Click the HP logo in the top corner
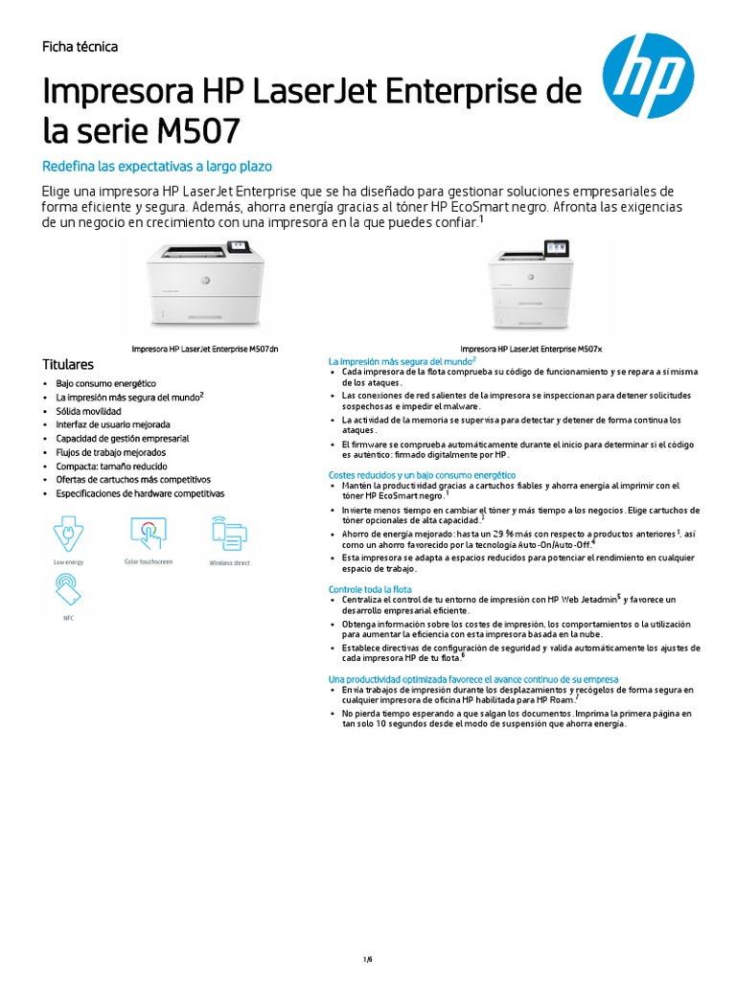click(x=648, y=76)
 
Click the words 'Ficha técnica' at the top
click(x=80, y=47)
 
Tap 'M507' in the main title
click(x=198, y=129)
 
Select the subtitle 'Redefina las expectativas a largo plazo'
click(x=157, y=167)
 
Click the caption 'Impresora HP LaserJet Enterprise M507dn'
click(x=212, y=350)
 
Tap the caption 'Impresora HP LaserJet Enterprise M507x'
click(x=531, y=350)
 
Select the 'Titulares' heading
click(x=68, y=365)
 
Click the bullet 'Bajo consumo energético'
click(x=105, y=383)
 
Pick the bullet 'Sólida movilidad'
click(x=88, y=411)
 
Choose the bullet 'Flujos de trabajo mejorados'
click(x=110, y=452)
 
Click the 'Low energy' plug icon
click(x=68, y=533)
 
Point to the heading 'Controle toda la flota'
click(x=370, y=588)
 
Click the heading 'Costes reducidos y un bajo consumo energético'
click(x=423, y=475)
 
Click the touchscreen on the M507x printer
click(x=556, y=249)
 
